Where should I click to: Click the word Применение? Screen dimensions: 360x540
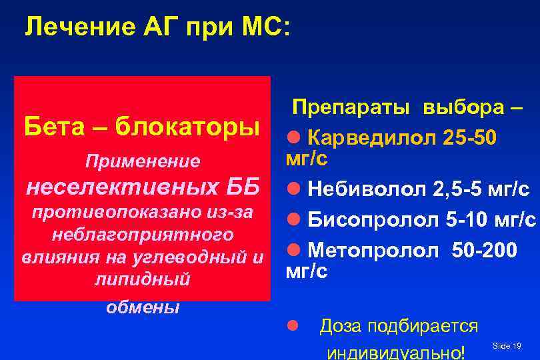pyautogui.click(x=141, y=161)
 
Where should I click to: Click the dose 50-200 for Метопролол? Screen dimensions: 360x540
pyautogui.click(x=484, y=249)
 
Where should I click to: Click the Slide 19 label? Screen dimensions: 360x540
pyautogui.click(x=507, y=345)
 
